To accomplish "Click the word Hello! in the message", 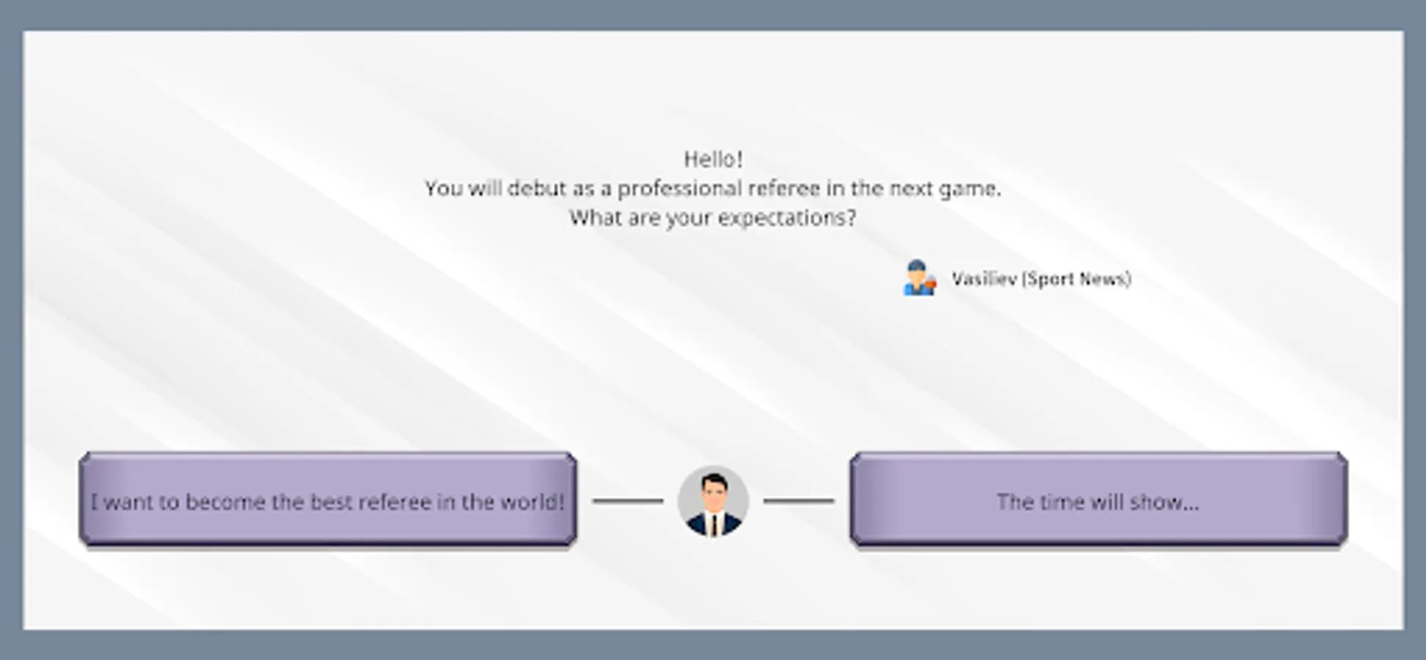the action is tap(713, 159).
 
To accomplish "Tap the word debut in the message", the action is tap(536, 188).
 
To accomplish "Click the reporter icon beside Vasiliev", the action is tap(920, 278).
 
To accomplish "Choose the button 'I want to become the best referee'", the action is tap(328, 500).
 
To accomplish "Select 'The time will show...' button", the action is tap(1098, 500).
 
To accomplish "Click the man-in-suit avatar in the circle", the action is tap(713, 501).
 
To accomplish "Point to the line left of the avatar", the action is tap(628, 501).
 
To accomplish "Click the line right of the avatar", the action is tap(799, 501).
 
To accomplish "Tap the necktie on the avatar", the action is tap(713, 525).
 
